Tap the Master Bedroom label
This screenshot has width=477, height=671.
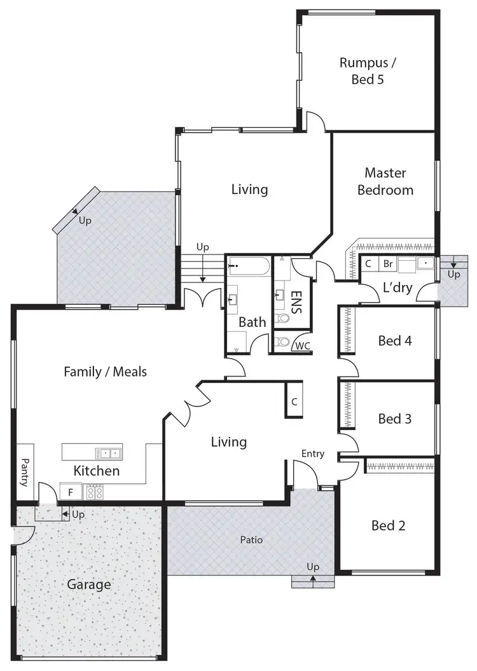point(385,181)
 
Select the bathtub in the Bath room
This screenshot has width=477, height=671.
point(249,265)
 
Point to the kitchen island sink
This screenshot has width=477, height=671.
point(108,453)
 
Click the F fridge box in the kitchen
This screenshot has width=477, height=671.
point(71,492)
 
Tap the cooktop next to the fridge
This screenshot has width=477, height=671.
point(94,492)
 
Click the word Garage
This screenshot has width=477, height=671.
point(89,585)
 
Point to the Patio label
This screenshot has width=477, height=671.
point(251,540)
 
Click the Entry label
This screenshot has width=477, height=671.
point(313,453)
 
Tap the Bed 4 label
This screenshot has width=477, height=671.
point(395,341)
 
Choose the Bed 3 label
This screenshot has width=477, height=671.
point(395,419)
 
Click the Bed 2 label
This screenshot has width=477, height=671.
point(389,525)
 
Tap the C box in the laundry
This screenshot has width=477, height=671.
point(368,263)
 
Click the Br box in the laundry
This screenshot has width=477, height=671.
point(387,263)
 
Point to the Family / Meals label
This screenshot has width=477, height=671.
point(105,371)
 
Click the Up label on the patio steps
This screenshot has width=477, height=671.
point(313,567)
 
